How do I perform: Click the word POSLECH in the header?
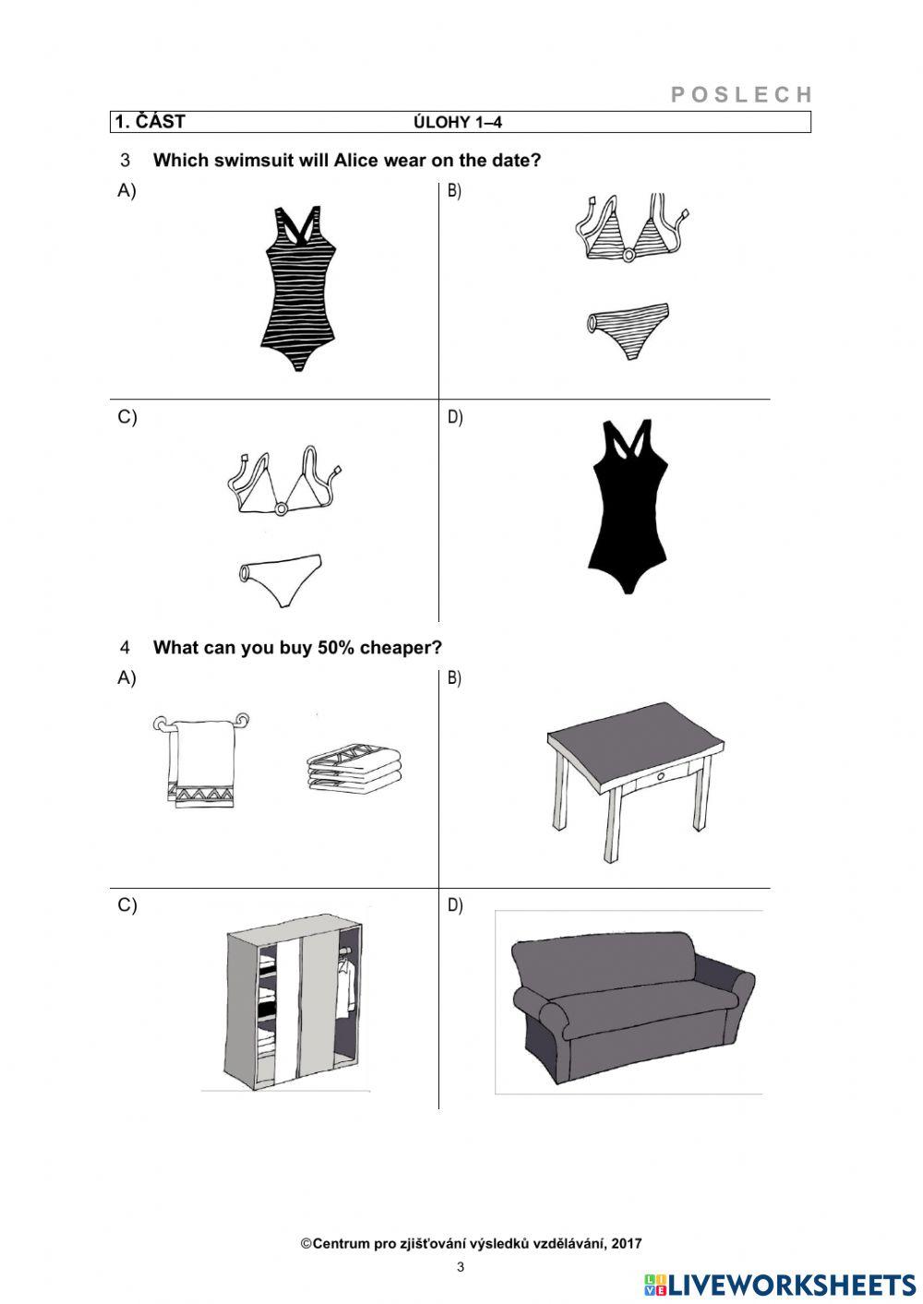pyautogui.click(x=741, y=94)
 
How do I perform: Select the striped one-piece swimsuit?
pyautogui.click(x=298, y=288)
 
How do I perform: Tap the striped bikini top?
pyautogui.click(x=632, y=229)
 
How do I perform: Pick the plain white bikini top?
pyautogui.click(x=283, y=480)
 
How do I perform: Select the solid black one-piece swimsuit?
pyautogui.click(x=628, y=507)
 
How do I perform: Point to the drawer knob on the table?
pyautogui.click(x=660, y=776)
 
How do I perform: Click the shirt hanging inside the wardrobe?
pyautogui.click(x=345, y=987)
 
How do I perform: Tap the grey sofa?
pyautogui.click(x=632, y=1007)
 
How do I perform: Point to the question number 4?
pyautogui.click(x=126, y=647)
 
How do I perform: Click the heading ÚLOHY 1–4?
pyautogui.click(x=458, y=122)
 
